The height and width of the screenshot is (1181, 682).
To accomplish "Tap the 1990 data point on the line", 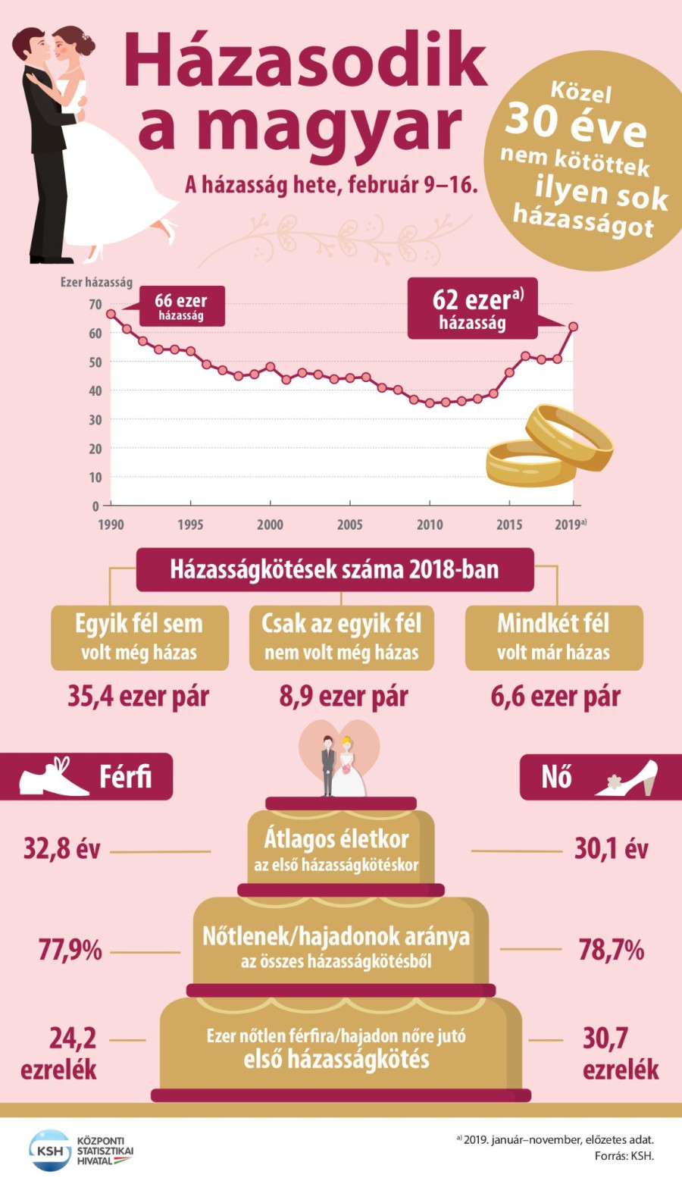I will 111,314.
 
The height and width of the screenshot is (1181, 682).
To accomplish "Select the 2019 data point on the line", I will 573,327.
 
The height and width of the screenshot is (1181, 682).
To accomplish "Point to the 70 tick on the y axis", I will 95,305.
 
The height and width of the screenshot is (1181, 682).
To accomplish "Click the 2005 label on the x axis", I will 349,525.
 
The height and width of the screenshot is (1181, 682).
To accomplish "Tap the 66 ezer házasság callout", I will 181,306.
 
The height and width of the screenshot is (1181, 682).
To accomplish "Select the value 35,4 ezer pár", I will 139,697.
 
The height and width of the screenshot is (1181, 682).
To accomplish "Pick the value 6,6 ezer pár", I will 555,697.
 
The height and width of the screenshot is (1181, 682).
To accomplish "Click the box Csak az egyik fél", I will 342,637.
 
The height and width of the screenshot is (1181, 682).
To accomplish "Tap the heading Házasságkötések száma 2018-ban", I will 334,569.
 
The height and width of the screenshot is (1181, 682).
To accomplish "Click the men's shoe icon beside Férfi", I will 51,777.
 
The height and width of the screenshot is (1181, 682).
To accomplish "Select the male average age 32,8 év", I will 62,849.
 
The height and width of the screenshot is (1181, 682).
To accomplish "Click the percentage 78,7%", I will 611,949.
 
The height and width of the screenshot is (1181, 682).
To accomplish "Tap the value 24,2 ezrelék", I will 61,1053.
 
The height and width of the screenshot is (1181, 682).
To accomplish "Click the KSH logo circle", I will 49,1150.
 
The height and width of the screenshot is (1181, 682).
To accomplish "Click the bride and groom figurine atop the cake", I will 339,766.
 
